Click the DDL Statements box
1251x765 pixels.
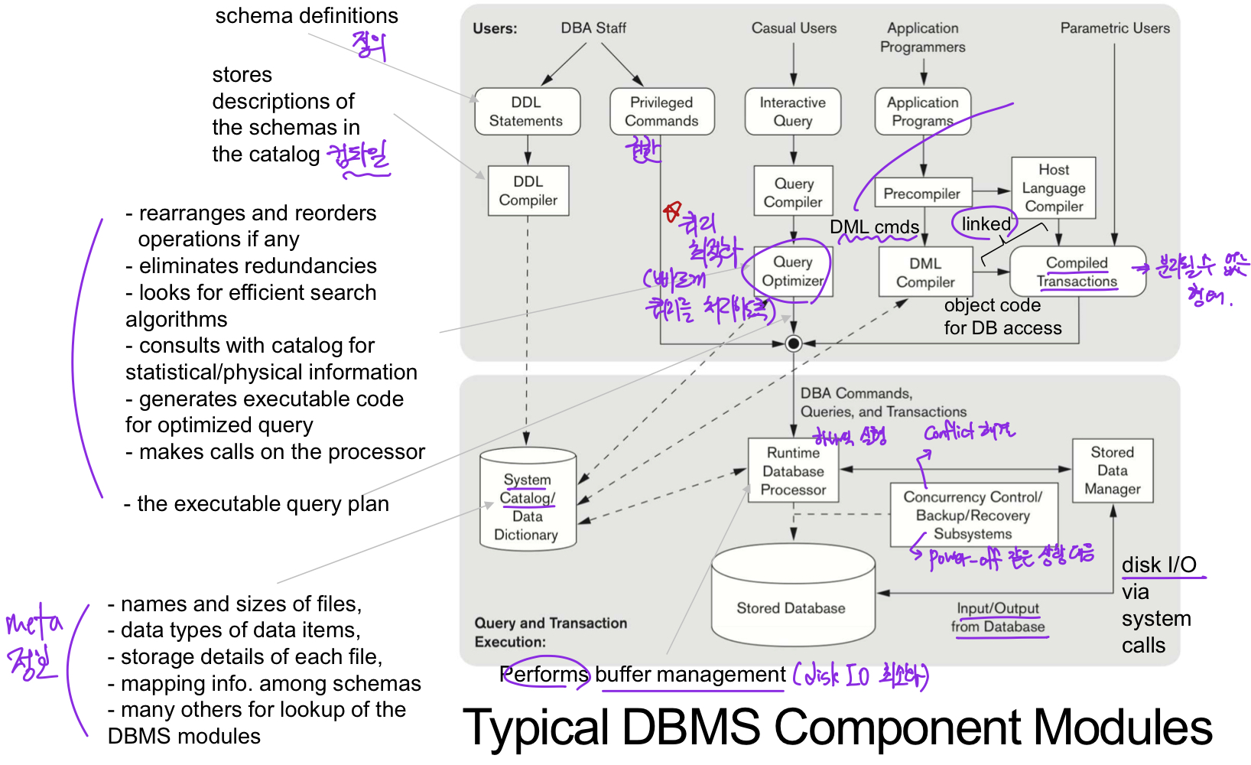coord(527,112)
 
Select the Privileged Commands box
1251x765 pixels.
coord(661,112)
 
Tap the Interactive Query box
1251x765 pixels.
coord(793,112)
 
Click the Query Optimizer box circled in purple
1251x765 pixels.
coord(793,272)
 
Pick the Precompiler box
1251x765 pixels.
coord(922,194)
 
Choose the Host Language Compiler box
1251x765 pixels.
coord(1054,188)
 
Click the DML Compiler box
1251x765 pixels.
coord(925,272)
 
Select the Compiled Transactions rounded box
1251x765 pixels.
coord(1077,272)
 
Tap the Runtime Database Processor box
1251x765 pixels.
coord(793,471)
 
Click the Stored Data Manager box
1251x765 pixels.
coord(1112,470)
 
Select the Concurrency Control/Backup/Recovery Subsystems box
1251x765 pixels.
coord(973,516)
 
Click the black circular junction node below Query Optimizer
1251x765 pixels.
coord(794,343)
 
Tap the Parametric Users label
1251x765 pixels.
coord(1115,28)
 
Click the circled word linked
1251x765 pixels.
coord(986,224)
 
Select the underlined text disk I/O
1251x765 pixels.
coord(1158,565)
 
